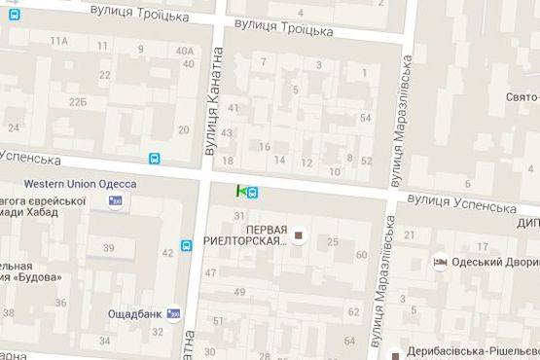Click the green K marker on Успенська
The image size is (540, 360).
click(x=239, y=191)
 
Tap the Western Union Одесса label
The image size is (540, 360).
click(x=80, y=184)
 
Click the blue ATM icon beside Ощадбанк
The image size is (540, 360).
click(x=174, y=313)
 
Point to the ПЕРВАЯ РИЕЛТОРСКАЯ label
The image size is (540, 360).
click(x=247, y=234)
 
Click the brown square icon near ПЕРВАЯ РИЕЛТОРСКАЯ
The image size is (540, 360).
click(x=300, y=234)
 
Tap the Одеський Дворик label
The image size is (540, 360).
click(x=495, y=262)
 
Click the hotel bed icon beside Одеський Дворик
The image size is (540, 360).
click(x=441, y=262)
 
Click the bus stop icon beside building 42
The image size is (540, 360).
click(x=186, y=245)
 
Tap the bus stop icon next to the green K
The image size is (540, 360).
click(x=253, y=192)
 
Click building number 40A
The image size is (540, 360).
click(x=184, y=52)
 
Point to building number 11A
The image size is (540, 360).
click(x=59, y=40)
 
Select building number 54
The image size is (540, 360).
click(x=365, y=119)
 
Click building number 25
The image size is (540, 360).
click(x=333, y=241)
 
